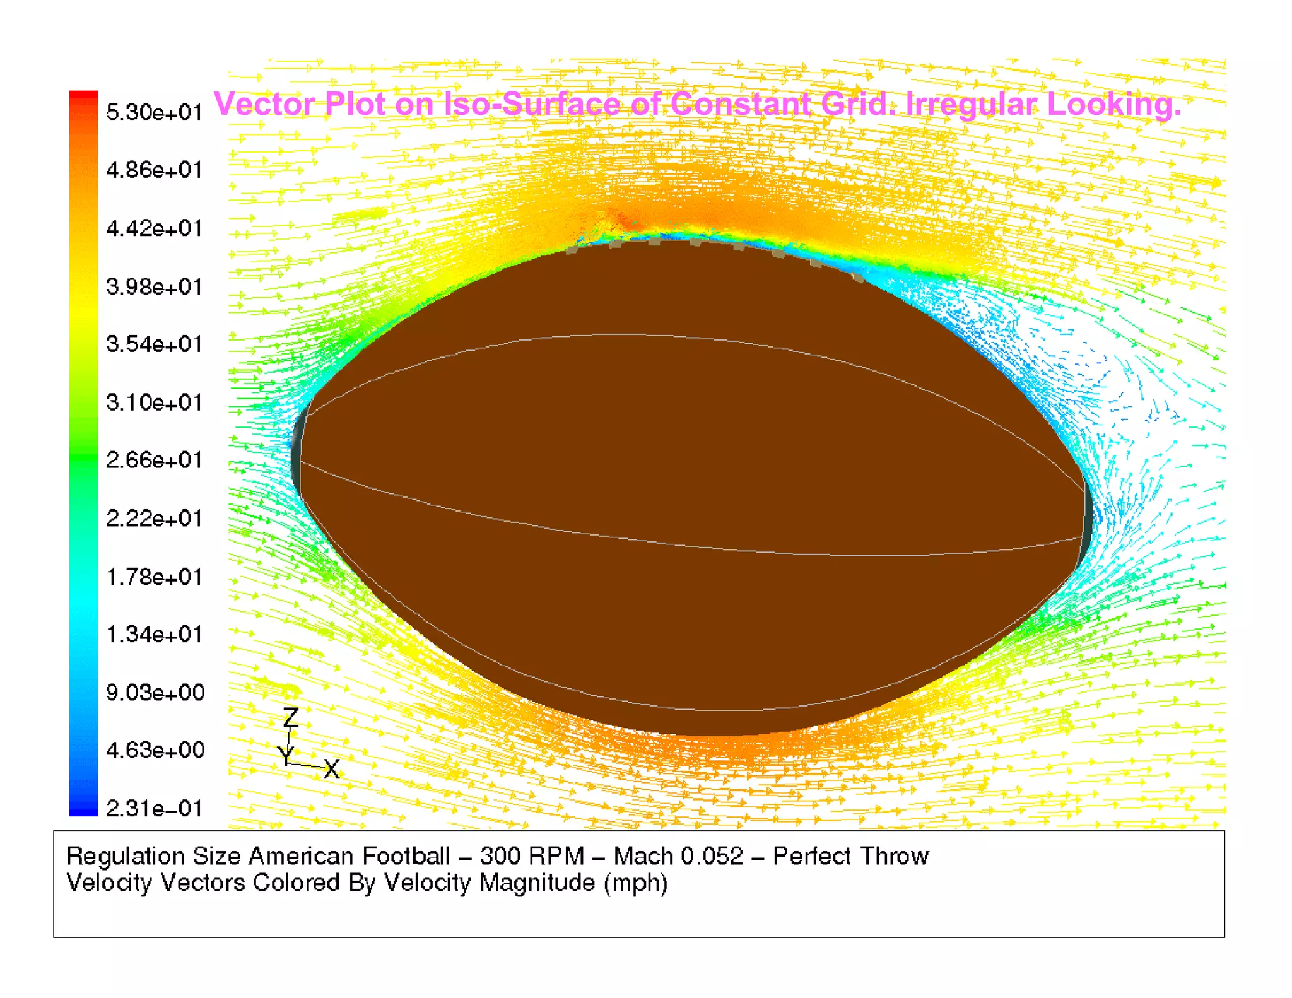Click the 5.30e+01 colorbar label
154,112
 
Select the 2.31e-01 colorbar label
154,808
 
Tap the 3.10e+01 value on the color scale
154,402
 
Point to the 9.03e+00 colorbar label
155,693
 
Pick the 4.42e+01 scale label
154,228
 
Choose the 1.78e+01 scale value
154,577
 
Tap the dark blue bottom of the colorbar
83,810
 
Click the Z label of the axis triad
290,717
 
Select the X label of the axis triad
331,769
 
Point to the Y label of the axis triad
285,754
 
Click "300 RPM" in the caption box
531,856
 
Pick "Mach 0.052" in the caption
678,856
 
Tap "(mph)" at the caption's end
635,883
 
